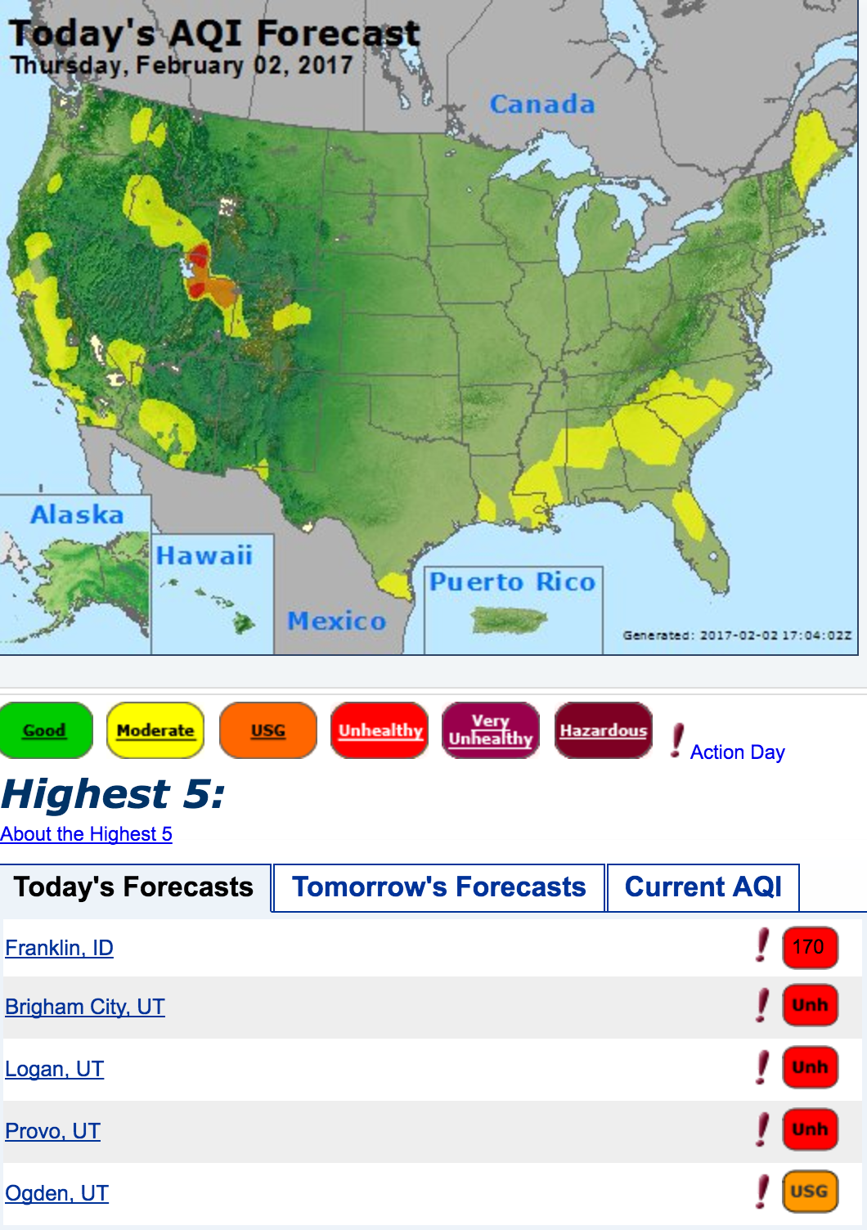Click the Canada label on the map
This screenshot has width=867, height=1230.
pyautogui.click(x=541, y=105)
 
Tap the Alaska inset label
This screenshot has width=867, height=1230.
pyautogui.click(x=77, y=514)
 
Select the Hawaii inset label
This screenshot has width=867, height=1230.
pyautogui.click(x=204, y=556)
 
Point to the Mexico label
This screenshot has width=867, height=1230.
pyautogui.click(x=336, y=621)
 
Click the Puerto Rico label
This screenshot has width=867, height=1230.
pyautogui.click(x=512, y=581)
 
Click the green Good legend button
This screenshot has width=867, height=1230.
pyautogui.click(x=46, y=730)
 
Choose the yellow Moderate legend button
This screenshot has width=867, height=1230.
pyautogui.click(x=155, y=730)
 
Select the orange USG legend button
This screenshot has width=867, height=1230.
pyautogui.click(x=268, y=730)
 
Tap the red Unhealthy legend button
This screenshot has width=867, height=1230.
pyautogui.click(x=380, y=730)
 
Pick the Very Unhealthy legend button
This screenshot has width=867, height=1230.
pyautogui.click(x=491, y=730)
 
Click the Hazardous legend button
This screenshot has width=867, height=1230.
pyautogui.click(x=603, y=730)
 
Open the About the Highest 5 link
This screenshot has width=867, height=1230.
pyautogui.click(x=86, y=834)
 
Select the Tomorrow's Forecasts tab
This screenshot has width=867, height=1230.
pyautogui.click(x=439, y=887)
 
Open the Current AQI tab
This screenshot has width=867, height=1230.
pyautogui.click(x=703, y=887)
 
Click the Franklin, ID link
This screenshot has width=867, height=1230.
pyautogui.click(x=59, y=948)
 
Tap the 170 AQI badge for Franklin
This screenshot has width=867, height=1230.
pyautogui.click(x=809, y=947)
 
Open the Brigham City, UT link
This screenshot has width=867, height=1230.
pyautogui.click(x=85, y=1007)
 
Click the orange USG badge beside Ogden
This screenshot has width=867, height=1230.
pyautogui.click(x=809, y=1192)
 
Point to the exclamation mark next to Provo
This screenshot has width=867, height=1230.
pyautogui.click(x=762, y=1129)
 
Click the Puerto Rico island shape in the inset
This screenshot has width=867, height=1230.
pyautogui.click(x=509, y=621)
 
